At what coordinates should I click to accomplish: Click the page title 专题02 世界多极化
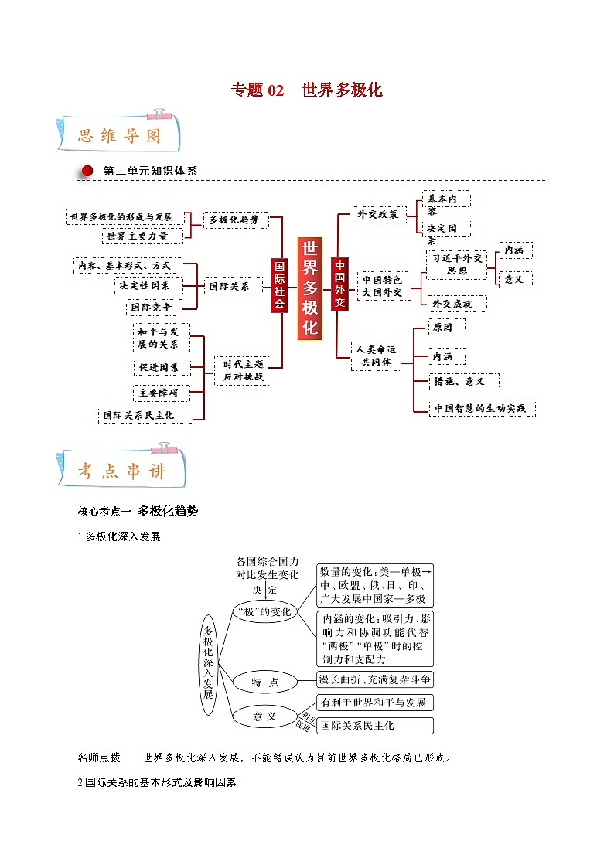tap(307, 90)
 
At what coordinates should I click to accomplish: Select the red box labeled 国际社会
tap(279, 284)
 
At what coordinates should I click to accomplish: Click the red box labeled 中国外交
tap(339, 284)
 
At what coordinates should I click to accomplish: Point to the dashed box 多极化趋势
tap(234, 220)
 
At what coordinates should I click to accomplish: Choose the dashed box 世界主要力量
tap(137, 236)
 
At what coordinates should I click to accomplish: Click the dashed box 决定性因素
tap(148, 285)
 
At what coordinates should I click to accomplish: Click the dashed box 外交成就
tap(456, 304)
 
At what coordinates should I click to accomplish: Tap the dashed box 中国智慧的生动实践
tap(483, 408)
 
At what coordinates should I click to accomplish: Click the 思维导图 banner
tap(119, 136)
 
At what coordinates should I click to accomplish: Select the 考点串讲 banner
tap(121, 470)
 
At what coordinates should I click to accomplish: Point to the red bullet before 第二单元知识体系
tap(87, 171)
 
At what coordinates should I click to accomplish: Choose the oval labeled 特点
tap(264, 682)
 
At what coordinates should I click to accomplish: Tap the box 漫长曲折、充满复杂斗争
tap(375, 679)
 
